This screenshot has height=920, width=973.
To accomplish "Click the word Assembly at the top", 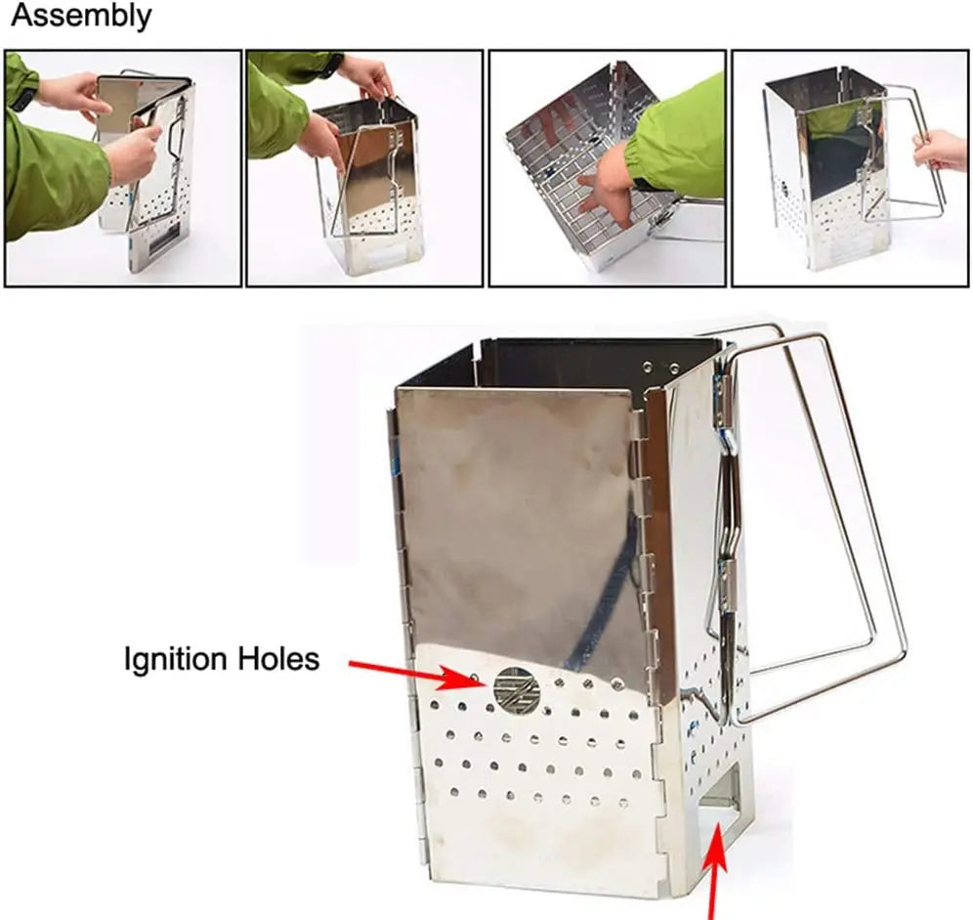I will tap(80, 17).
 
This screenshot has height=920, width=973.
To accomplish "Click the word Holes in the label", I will tap(281, 659).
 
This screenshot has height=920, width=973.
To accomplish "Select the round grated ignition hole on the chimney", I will tap(517, 690).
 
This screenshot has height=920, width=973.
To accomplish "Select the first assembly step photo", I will tap(123, 168).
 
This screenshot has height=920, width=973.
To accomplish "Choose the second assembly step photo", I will tap(364, 168).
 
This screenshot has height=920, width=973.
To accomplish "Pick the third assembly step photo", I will tap(607, 168).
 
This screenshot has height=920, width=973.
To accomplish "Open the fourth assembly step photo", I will tap(849, 168).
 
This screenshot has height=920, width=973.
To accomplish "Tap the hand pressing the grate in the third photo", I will tap(607, 186).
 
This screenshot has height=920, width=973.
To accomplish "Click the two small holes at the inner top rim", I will tap(659, 367).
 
